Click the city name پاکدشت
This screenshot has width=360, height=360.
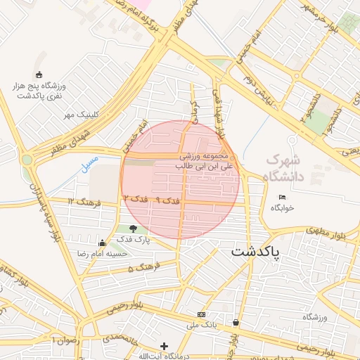255,250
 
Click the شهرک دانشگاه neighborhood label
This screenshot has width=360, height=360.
282,168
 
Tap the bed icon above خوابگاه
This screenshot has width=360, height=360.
283,197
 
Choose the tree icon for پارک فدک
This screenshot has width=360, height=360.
133,228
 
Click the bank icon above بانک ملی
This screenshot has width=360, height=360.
202,314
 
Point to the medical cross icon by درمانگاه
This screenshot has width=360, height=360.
164,346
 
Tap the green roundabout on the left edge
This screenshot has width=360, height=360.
27,160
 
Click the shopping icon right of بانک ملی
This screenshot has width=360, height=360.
235,323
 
